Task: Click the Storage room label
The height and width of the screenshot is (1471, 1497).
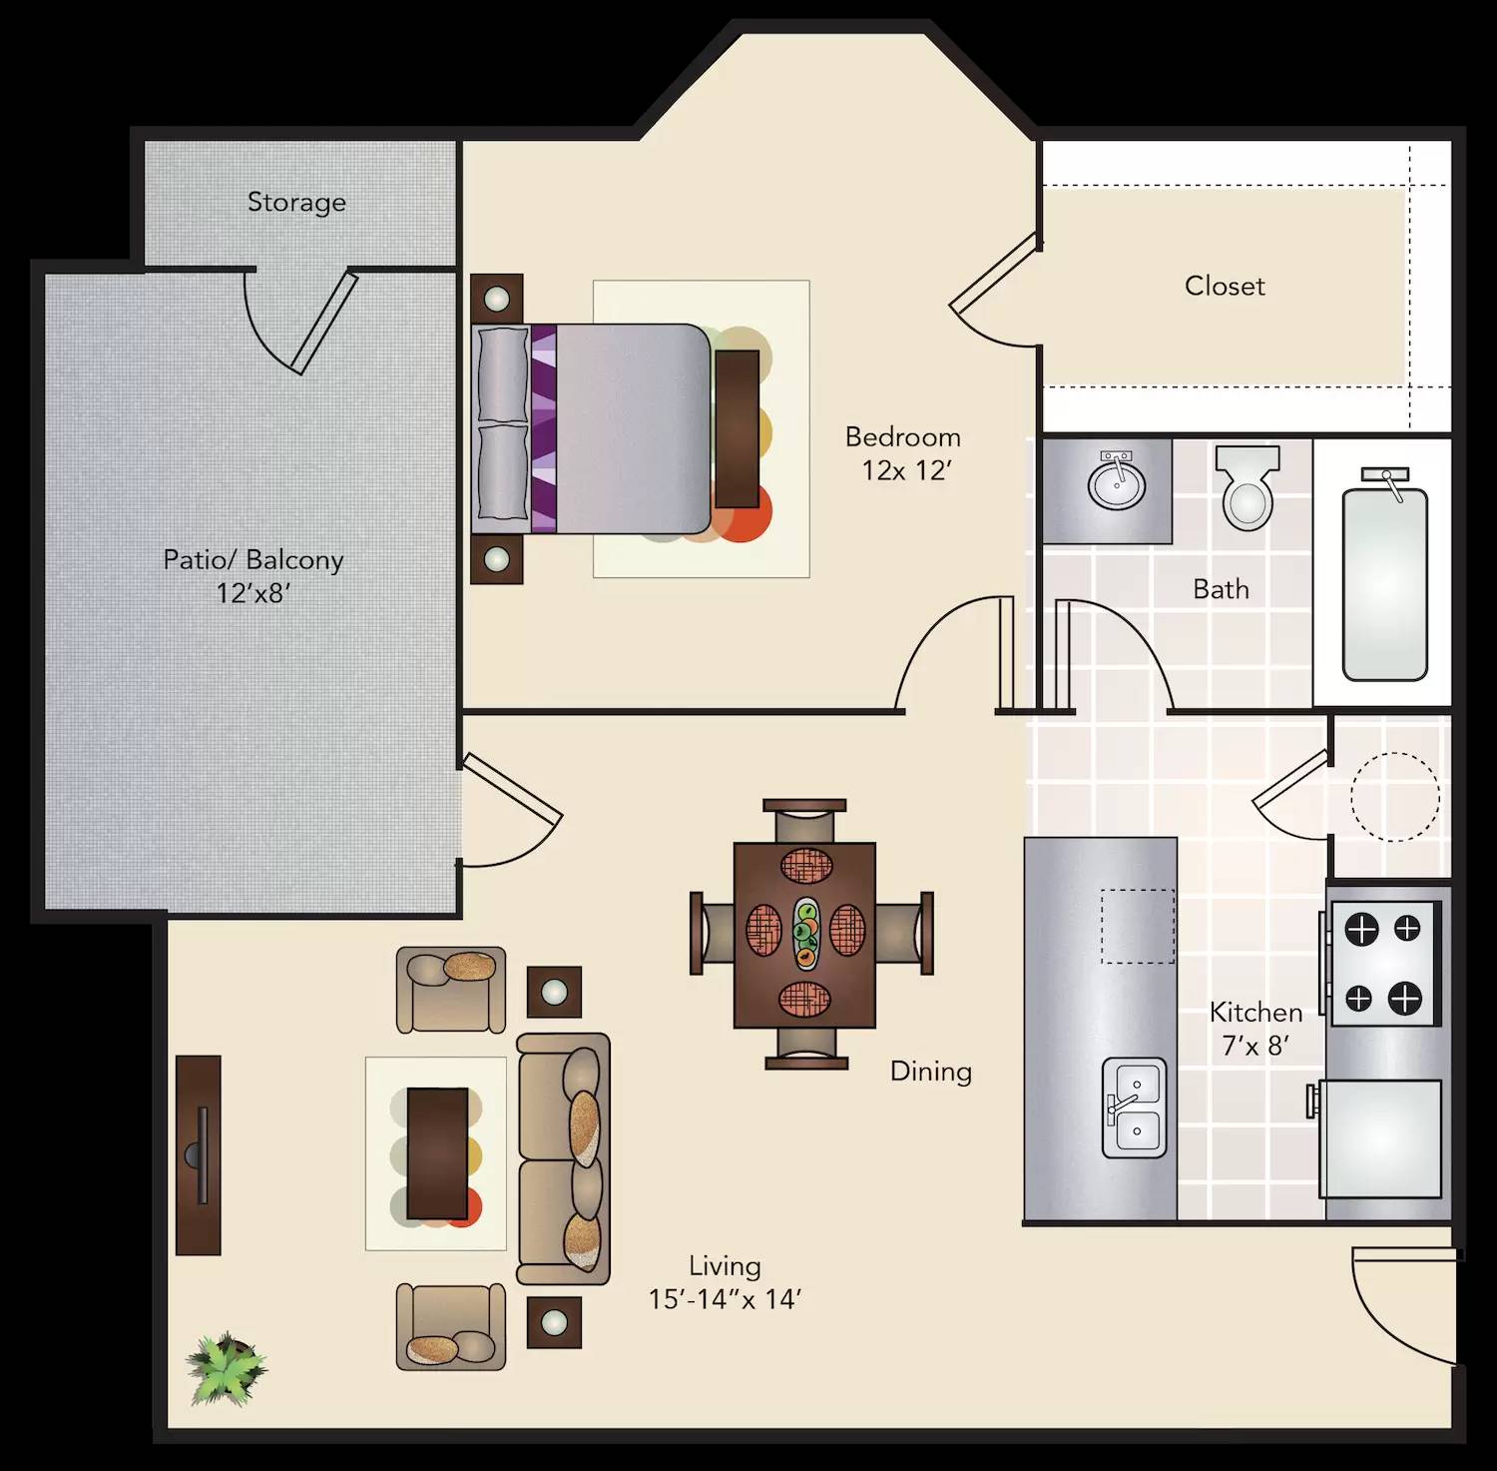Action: click(296, 202)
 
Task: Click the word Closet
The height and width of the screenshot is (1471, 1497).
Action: click(1225, 286)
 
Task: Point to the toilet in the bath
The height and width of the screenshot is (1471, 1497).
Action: click(1247, 489)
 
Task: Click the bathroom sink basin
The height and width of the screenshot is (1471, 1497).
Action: click(1117, 485)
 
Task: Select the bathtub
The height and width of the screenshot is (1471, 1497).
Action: click(1384, 582)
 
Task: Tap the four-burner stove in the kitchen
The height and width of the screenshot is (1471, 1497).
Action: click(1383, 964)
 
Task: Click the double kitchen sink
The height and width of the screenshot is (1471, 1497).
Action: click(1135, 1107)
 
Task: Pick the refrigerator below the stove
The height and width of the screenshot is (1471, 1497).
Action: click(1381, 1138)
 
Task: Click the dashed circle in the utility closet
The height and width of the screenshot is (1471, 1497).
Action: click(1394, 796)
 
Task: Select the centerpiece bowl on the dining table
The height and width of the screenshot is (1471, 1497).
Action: click(805, 934)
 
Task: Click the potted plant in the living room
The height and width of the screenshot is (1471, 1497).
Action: click(227, 1368)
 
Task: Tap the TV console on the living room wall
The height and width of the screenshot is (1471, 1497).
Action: click(199, 1154)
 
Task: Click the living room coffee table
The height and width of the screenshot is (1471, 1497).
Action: click(437, 1153)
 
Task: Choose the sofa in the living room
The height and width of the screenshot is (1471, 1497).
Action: click(564, 1158)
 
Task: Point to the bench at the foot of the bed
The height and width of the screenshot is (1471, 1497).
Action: click(737, 428)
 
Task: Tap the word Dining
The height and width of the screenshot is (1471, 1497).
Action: click(930, 1072)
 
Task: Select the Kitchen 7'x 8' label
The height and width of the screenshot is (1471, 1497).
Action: click(1255, 1029)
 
